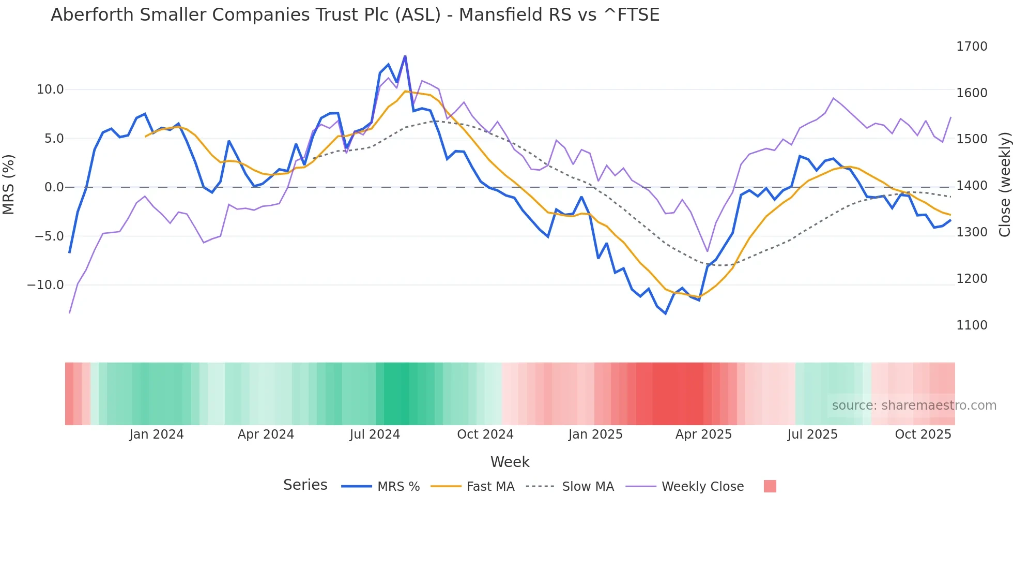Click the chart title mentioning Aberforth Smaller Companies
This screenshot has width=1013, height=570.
pos(355,15)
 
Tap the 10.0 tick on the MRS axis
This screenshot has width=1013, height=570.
pos(50,89)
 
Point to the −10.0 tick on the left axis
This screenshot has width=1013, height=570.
pos(45,285)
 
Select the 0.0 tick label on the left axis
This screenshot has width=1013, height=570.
pos(54,187)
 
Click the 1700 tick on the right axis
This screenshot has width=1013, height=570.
pos(972,47)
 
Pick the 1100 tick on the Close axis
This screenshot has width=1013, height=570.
pos(972,325)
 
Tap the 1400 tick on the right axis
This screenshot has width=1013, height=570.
pos(972,186)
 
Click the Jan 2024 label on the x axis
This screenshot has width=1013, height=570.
pos(156,434)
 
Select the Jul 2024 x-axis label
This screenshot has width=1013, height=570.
pos(375,434)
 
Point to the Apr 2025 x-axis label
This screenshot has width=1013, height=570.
pos(703,434)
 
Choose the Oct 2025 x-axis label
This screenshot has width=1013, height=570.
pos(923,434)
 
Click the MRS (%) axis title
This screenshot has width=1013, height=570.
pos(9,185)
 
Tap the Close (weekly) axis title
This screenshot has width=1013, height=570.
pos(1004,185)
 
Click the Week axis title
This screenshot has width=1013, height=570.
pos(510,462)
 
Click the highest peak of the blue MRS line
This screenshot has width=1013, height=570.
pos(405,56)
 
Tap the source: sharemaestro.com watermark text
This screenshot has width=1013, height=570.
pos(914,406)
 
